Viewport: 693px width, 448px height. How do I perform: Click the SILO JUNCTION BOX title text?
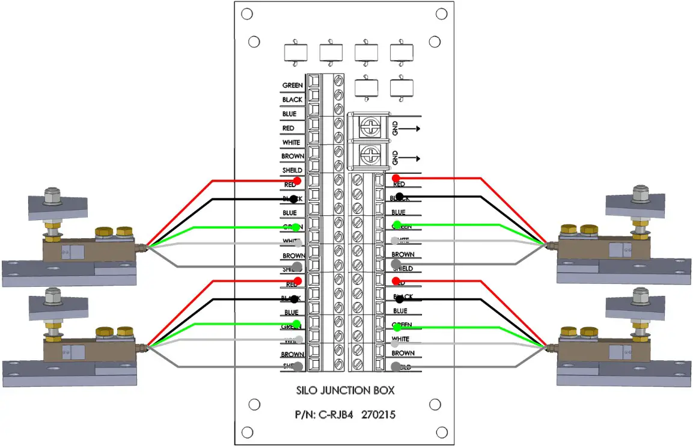pos(346,390)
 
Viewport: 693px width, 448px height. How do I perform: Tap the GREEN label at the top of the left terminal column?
pos(292,85)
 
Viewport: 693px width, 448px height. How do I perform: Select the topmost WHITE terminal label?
pos(291,143)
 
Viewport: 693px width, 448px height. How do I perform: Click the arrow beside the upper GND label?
pos(410,127)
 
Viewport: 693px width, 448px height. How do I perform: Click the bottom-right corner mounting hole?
pos(442,432)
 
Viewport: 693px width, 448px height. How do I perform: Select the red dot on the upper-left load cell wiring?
pos(297,180)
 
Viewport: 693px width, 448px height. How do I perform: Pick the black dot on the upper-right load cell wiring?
pos(399,197)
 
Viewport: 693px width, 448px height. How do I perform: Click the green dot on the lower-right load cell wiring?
pos(397,328)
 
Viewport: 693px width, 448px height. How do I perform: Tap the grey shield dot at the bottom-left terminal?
pos(296,366)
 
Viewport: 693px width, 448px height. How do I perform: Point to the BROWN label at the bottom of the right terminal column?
pos(403,353)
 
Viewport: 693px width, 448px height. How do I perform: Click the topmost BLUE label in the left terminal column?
pos(289,114)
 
